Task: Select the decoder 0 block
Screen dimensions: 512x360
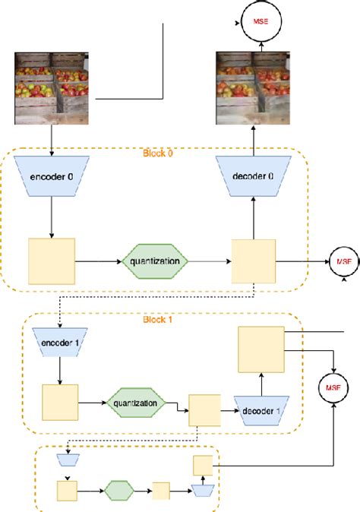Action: coord(254,177)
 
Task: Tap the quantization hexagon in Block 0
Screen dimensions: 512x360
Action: coord(153,261)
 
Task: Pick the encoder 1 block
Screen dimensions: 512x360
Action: coord(58,343)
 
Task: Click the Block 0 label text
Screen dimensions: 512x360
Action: coord(158,153)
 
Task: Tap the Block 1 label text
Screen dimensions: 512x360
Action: coord(158,318)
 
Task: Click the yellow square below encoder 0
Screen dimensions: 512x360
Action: coord(52,262)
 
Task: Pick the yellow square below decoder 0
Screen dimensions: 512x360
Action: coord(254,262)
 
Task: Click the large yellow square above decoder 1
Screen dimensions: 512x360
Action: coord(261,349)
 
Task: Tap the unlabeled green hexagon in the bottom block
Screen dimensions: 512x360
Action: coord(119,491)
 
